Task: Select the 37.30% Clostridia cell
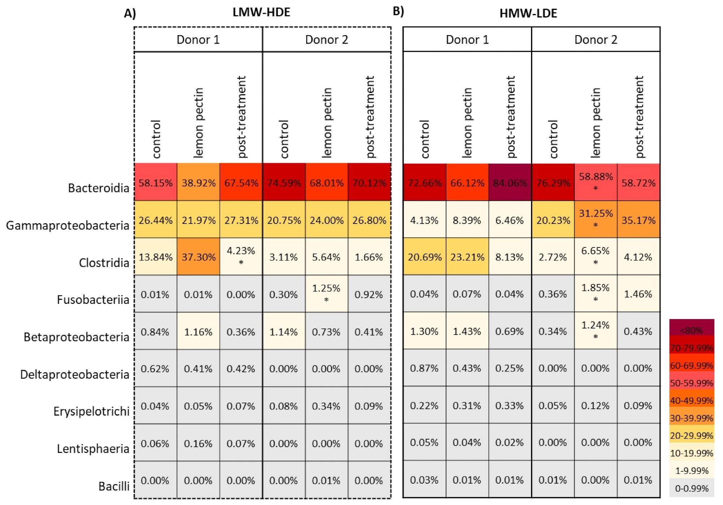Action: [198, 257]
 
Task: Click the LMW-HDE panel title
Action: [261, 12]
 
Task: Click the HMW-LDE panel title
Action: [528, 13]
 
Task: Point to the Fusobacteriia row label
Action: [93, 300]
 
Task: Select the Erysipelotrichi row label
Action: [91, 411]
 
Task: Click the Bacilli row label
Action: [114, 486]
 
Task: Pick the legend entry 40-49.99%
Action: [691, 400]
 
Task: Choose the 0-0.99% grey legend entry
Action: [691, 488]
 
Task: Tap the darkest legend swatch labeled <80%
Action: [691, 330]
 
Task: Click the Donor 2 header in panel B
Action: [595, 39]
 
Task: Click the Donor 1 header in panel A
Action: [198, 39]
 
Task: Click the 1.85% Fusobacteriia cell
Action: [595, 293]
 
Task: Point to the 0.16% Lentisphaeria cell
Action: [198, 443]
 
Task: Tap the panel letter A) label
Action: [130, 14]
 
